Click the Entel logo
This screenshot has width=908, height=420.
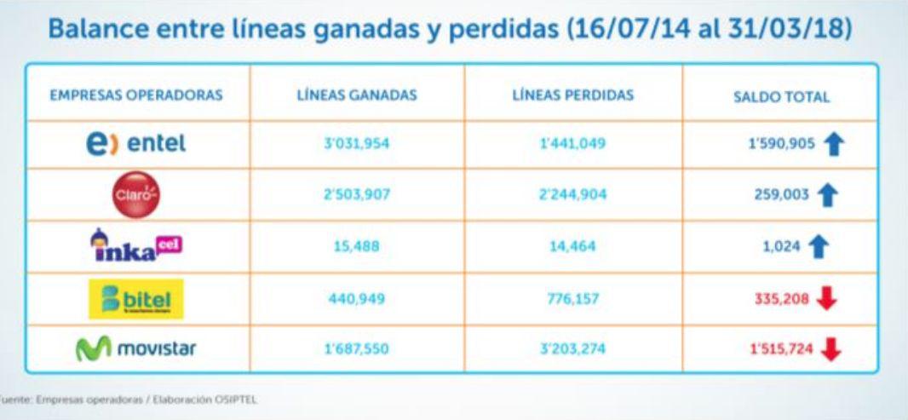(x=135, y=144)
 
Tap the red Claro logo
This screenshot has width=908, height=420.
(x=136, y=195)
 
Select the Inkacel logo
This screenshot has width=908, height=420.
(x=136, y=247)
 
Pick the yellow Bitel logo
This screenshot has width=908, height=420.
(x=136, y=298)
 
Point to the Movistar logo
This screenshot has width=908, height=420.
(x=136, y=349)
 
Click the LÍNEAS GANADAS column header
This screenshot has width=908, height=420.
(x=356, y=95)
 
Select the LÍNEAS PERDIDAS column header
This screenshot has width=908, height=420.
(x=572, y=95)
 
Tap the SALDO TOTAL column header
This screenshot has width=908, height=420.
(x=781, y=97)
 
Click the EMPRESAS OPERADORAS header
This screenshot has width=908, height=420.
(x=136, y=95)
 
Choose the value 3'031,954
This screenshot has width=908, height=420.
(x=356, y=144)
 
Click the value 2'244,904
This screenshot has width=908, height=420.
(x=572, y=195)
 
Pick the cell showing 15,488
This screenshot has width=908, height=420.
(x=356, y=247)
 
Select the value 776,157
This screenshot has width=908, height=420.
(x=572, y=298)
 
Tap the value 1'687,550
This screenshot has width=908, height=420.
(x=356, y=349)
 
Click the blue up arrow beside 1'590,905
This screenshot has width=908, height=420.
(x=834, y=145)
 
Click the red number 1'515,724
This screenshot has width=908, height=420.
(x=781, y=350)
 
